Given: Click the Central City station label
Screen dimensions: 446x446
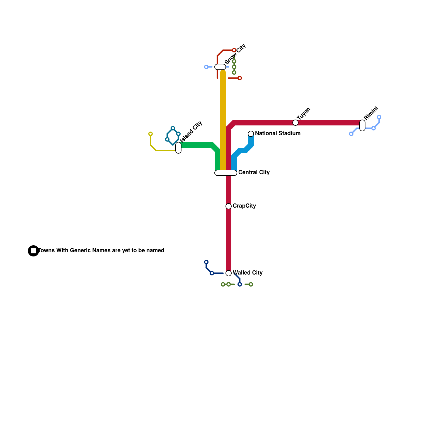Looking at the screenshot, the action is click(254, 173).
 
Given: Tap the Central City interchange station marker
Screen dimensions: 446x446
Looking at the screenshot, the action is click(226, 173).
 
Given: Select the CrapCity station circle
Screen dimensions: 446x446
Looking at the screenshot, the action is click(229, 206).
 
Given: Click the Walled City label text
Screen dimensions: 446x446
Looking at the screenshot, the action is click(248, 273).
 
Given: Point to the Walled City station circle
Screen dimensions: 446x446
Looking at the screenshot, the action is click(229, 273).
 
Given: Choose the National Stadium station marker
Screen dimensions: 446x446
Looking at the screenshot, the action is click(251, 134).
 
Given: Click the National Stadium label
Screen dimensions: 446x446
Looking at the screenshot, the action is click(278, 134).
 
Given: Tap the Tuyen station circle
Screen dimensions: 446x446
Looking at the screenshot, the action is click(295, 123).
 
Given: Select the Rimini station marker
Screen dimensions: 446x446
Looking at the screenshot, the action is click(362, 125).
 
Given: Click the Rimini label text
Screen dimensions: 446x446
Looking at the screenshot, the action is click(371, 113).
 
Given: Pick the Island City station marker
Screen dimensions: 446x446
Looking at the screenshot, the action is click(178, 148).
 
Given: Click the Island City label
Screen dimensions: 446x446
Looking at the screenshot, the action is click(191, 132).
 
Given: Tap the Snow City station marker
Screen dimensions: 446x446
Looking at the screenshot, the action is click(220, 67).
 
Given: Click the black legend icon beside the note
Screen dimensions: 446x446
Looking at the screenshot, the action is click(33, 251).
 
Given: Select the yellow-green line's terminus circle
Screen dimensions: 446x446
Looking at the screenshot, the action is click(151, 134).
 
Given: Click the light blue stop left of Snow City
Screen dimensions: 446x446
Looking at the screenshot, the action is click(206, 67).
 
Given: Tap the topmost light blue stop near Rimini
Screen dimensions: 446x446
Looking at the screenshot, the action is click(379, 117).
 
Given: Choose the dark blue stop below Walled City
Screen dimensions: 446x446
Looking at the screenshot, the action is click(240, 284).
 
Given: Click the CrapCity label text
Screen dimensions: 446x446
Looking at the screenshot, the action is click(244, 206).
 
